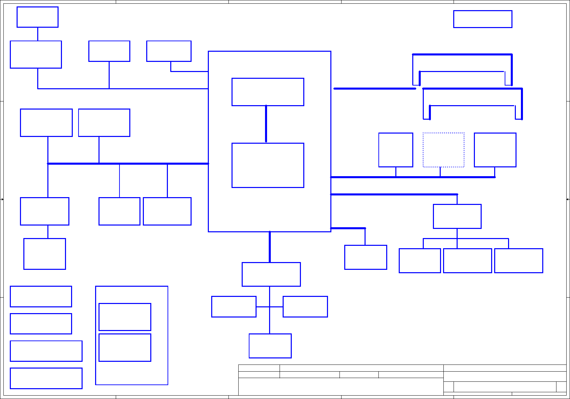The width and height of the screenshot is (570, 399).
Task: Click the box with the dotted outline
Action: coord(443,150)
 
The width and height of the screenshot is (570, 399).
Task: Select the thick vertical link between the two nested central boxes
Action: coord(266,124)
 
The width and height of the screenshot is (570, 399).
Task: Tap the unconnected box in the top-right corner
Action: coord(483,19)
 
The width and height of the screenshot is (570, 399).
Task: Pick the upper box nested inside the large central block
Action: coord(268,92)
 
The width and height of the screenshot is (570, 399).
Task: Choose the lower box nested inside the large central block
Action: coord(268,165)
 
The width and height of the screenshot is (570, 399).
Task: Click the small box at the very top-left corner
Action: coord(38,17)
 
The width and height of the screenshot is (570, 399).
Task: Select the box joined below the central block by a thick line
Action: coord(271,274)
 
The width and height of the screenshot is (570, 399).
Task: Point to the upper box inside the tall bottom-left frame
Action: coord(125,317)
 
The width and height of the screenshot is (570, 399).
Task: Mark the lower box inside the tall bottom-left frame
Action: coord(125,348)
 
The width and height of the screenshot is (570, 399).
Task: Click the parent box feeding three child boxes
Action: coord(457,216)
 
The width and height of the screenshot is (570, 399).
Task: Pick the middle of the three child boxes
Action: coord(467,261)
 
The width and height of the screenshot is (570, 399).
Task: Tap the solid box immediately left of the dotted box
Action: coord(396,150)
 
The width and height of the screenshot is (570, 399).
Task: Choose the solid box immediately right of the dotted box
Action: coord(495,150)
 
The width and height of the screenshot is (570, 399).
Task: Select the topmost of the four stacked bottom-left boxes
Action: coord(41,297)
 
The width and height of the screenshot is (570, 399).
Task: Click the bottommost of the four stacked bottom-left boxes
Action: coord(46,378)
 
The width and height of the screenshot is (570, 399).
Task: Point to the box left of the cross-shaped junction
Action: coord(234,307)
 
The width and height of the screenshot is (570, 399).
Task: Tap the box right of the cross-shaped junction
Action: coord(305,307)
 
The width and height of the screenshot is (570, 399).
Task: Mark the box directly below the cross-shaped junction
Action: coord(270,346)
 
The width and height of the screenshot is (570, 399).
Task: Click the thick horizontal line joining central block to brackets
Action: coord(375,89)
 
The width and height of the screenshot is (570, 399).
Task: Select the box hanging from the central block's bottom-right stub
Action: coord(366,257)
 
